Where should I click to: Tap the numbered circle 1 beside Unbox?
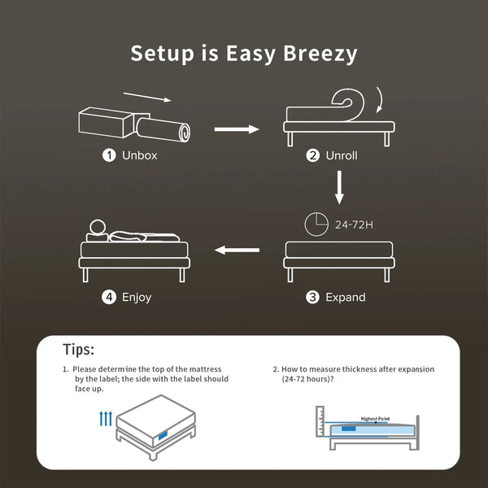pyautogui.click(x=108, y=155)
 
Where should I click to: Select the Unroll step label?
pyautogui.click(x=340, y=155)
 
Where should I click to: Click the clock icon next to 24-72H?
pyautogui.click(x=317, y=225)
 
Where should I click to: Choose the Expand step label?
pyautogui.click(x=345, y=298)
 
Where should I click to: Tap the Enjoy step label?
pyautogui.click(x=137, y=298)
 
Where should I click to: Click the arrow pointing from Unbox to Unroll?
pyautogui.click(x=236, y=128)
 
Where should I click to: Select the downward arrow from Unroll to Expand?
pyautogui.click(x=340, y=188)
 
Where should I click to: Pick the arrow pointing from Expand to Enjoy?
pyautogui.click(x=236, y=251)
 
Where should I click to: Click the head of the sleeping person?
pyautogui.click(x=98, y=228)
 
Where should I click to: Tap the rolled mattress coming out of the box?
pyautogui.click(x=163, y=130)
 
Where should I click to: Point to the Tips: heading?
pyautogui.click(x=79, y=350)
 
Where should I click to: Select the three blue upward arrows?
pyautogui.click(x=105, y=419)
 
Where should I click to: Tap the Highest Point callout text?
pyautogui.click(x=377, y=418)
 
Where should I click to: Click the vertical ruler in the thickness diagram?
pyautogui.click(x=320, y=426)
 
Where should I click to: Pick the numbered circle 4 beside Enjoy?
pyautogui.click(x=108, y=298)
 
